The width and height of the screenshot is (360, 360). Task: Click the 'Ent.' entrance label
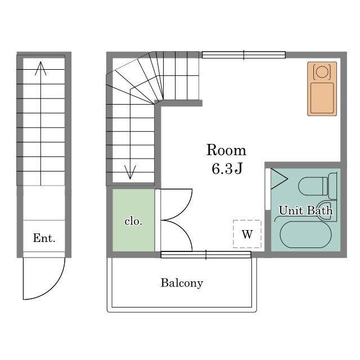[44, 238]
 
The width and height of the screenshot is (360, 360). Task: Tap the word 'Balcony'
[182, 283]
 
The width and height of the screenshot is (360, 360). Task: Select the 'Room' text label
[226, 150]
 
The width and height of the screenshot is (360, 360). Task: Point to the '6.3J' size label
[227, 169]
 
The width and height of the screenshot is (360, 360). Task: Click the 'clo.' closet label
[133, 221]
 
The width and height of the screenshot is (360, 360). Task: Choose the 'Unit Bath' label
[305, 210]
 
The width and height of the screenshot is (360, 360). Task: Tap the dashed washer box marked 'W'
[247, 234]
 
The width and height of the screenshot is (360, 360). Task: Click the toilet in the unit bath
[317, 186]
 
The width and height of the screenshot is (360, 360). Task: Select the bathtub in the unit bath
[306, 235]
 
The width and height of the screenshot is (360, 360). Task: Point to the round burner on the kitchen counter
[322, 71]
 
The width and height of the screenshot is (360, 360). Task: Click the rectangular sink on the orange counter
[322, 98]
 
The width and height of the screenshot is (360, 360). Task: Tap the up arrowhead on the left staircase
[40, 68]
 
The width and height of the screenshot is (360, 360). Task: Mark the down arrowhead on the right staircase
[130, 172]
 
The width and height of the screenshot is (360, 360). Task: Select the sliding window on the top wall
[244, 55]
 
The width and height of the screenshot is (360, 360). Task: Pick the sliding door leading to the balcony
[206, 255]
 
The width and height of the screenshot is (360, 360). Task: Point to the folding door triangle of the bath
[279, 179]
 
